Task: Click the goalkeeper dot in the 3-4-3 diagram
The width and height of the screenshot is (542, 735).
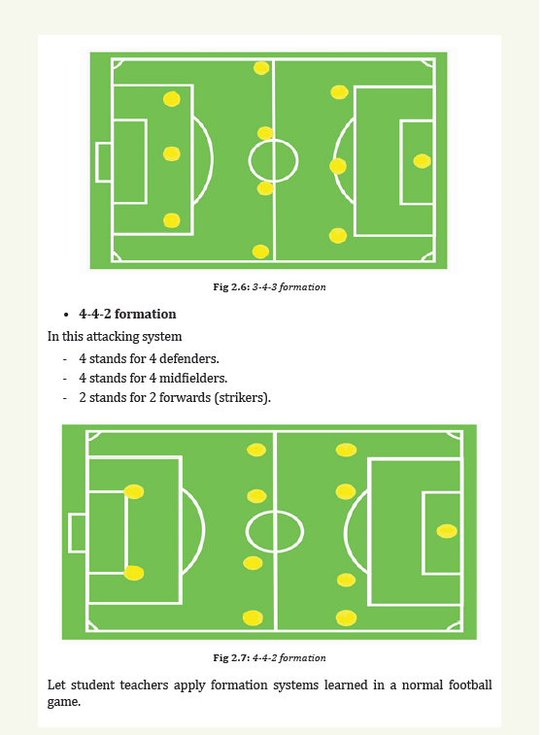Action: (x=422, y=161)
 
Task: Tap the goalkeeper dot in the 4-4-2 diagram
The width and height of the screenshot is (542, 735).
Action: (x=447, y=531)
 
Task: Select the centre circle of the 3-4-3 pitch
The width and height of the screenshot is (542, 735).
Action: (x=273, y=140)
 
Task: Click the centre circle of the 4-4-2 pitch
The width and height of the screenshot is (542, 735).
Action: (x=275, y=512)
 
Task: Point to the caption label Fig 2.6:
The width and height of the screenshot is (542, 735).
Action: (x=231, y=286)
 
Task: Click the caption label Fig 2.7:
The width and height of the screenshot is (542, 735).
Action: (x=231, y=657)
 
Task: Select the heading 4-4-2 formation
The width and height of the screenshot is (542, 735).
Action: (x=127, y=314)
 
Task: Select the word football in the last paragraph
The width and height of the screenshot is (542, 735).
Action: (x=470, y=685)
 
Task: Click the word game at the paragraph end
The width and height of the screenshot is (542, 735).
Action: (x=64, y=702)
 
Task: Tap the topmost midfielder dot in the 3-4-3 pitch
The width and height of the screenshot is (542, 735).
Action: (x=261, y=68)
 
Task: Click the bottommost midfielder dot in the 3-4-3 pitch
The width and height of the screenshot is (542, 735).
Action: (x=260, y=251)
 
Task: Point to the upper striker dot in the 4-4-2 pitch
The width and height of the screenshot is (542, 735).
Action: (x=134, y=491)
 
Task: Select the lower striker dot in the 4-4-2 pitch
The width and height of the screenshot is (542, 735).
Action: (x=134, y=573)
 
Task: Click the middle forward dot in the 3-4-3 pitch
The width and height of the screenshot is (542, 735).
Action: (x=172, y=153)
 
